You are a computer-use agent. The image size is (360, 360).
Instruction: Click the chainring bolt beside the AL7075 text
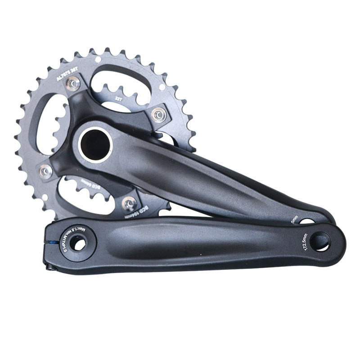coord(73,83)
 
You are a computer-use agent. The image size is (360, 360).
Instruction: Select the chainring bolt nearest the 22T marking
coord(158,115)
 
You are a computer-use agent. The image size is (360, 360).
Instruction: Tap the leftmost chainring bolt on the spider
coord(45,171)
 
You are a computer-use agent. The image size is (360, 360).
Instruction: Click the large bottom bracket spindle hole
coord(95,144)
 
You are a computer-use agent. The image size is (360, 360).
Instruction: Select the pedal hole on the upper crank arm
coord(308,221)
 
